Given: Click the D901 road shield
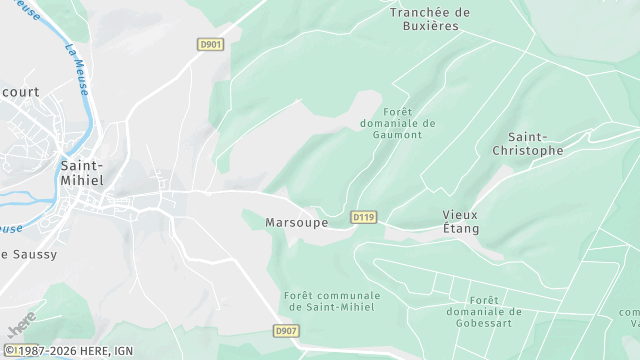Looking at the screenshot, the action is pos(210,44).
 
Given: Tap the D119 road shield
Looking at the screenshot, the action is pos(363,217).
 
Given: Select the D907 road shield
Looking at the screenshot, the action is pos(286,331).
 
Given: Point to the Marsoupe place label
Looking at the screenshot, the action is pos(297,222).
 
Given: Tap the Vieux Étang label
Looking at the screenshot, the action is pos(461,222).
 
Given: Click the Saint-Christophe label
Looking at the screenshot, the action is pos(528,143).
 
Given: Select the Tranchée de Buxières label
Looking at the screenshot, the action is pos(430,19).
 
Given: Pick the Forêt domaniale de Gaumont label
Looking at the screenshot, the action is pos(397,123).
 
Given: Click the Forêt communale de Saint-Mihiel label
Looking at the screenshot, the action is pos(332,302).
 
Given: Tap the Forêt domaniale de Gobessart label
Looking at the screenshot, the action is pos(483,311).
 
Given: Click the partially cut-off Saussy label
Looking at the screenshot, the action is pos(29,254).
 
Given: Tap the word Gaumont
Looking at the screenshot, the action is pos(397,135).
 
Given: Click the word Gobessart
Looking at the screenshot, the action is pos(483,323).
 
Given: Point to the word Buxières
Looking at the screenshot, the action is pos(430,26).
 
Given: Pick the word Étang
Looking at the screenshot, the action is pos(461,229).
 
